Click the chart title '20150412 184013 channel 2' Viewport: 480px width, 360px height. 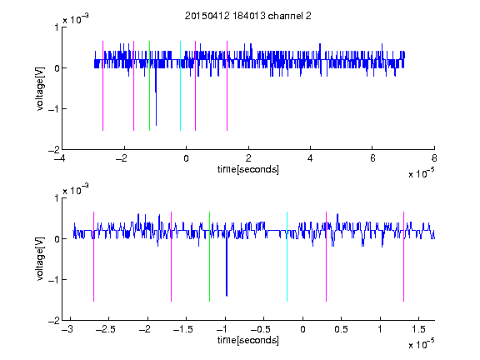pyautogui.click(x=248, y=16)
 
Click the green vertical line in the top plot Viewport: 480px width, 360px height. pyautogui.click(x=149, y=86)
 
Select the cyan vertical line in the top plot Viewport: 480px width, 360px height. pyautogui.click(x=180, y=86)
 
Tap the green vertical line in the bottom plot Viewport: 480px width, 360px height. pyautogui.click(x=209, y=257)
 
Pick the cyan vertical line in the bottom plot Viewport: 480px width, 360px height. pyautogui.click(x=287, y=257)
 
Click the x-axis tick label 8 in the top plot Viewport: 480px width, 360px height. pyautogui.click(x=434, y=158)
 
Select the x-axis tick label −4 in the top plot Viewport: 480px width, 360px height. pyautogui.click(x=60, y=158)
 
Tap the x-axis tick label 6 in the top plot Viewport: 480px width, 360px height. pyautogui.click(x=372, y=158)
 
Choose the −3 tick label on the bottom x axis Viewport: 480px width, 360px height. pyautogui.click(x=67, y=329)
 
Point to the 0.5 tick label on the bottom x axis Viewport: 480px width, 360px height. pyautogui.click(x=342, y=329)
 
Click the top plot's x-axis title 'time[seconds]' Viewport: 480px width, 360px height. pyautogui.click(x=248, y=169)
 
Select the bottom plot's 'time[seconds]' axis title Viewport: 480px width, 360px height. pyautogui.click(x=248, y=340)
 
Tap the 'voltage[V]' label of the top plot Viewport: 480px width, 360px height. pyautogui.click(x=40, y=89)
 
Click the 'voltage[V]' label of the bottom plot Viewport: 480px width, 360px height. pyautogui.click(x=40, y=259)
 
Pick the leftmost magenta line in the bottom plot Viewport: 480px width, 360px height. pyautogui.click(x=93, y=257)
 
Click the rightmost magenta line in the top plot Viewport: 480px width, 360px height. pyautogui.click(x=227, y=86)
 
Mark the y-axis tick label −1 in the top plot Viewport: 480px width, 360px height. pyautogui.click(x=54, y=109)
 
